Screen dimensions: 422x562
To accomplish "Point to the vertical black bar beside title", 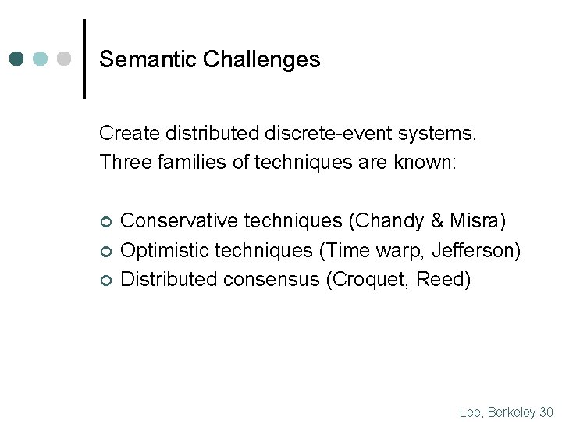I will coord(84,59).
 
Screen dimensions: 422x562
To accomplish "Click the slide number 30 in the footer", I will coord(546,412).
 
